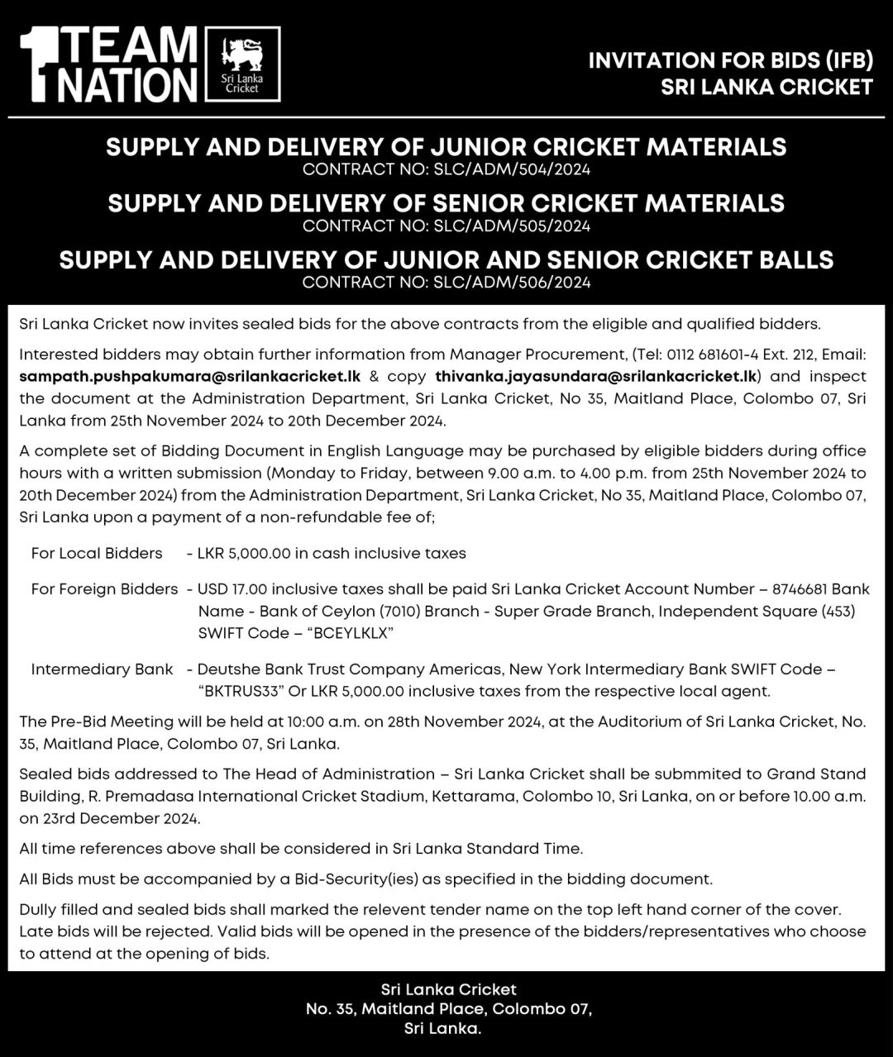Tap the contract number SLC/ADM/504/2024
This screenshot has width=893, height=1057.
[512, 170]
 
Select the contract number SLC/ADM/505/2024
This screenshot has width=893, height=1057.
[512, 226]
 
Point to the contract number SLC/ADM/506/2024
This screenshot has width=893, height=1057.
[512, 283]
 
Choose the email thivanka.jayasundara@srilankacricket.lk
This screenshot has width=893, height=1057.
[596, 376]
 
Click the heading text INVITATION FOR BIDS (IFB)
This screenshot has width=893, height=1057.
[730, 61]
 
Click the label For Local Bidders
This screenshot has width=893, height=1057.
[97, 553]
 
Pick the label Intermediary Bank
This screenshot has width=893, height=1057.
[102, 669]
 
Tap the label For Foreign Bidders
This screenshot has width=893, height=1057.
[104, 589]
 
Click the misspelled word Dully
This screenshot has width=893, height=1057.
[39, 909]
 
